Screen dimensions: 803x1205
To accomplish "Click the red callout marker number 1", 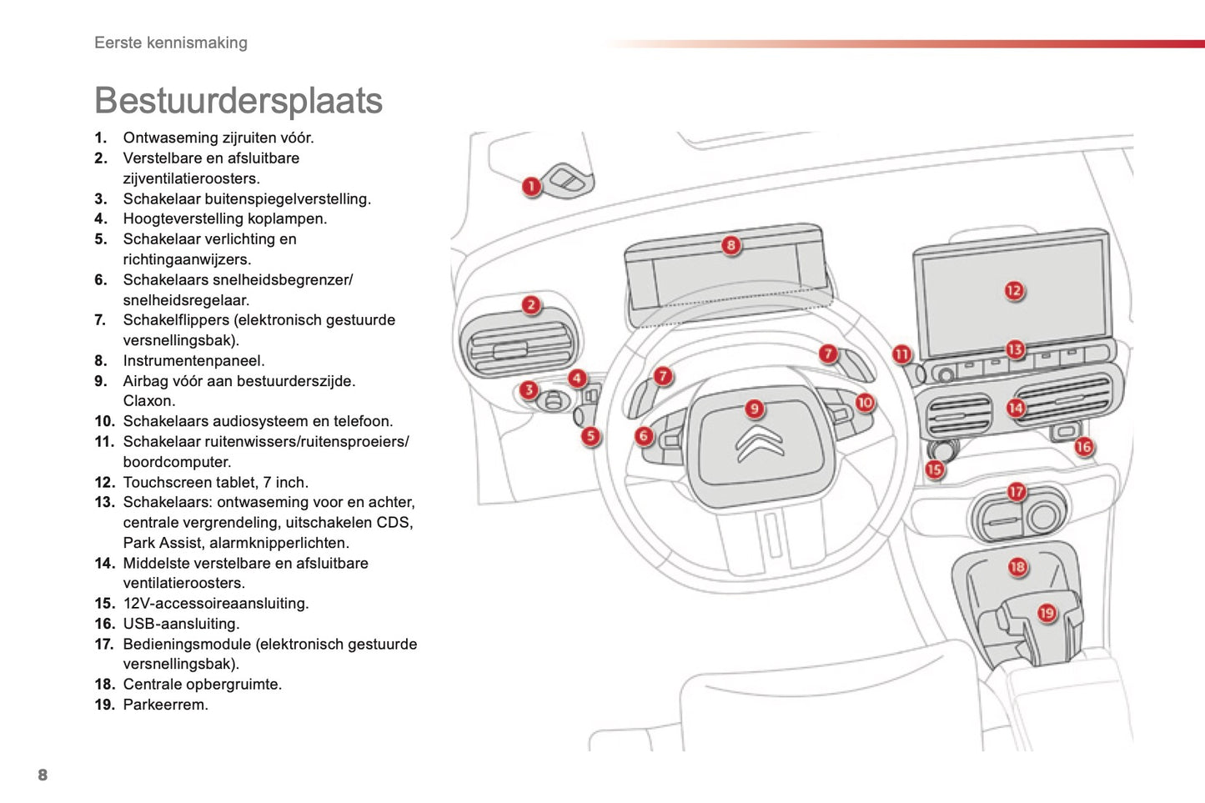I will tap(531, 186).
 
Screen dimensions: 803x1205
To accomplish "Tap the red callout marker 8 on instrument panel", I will tap(731, 245).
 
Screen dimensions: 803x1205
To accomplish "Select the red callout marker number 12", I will tap(1013, 291).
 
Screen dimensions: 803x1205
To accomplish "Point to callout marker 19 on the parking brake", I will tap(1047, 614).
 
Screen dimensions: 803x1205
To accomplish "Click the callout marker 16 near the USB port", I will tap(1083, 447).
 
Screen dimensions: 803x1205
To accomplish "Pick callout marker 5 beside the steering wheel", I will tap(590, 435).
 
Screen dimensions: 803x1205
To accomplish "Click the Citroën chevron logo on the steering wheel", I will tap(759, 443).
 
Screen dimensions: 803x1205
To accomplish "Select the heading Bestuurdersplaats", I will tap(238, 101).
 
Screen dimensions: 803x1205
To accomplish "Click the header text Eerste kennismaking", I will tap(171, 43).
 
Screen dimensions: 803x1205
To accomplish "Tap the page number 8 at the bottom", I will tap(43, 775).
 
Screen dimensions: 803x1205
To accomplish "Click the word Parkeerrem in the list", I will tap(165, 705).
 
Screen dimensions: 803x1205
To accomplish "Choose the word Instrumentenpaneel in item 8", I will tap(193, 361).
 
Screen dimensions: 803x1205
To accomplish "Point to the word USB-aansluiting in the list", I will tap(181, 624).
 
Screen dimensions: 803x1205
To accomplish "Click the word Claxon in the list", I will tap(149, 401).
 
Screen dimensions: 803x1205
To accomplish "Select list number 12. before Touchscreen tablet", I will tap(104, 483).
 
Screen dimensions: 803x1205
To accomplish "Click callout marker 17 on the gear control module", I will tap(1016, 492).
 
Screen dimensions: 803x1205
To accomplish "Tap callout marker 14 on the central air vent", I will tap(1015, 408).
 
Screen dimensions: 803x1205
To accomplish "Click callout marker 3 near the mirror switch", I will tap(529, 390).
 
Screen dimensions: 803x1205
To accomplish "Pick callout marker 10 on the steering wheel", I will tap(865, 403).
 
